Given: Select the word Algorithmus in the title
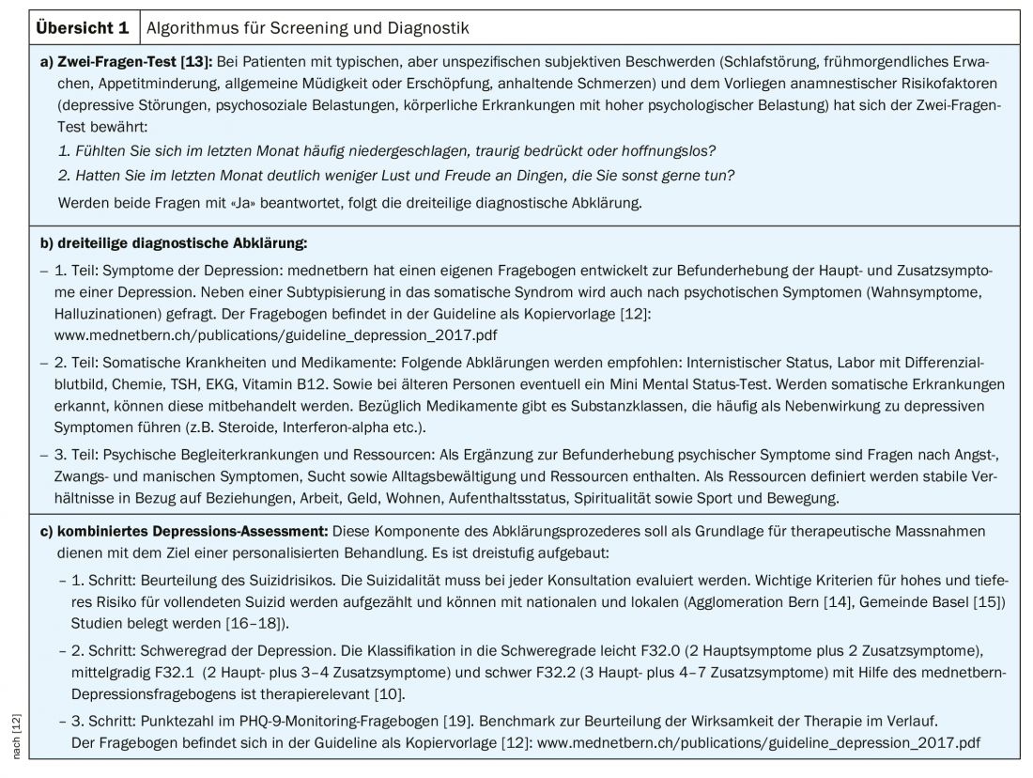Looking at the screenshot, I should point(193,27).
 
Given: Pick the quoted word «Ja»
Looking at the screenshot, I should point(222,202).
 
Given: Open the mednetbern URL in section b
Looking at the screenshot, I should point(243,334).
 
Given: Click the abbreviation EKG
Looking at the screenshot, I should point(229,384).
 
